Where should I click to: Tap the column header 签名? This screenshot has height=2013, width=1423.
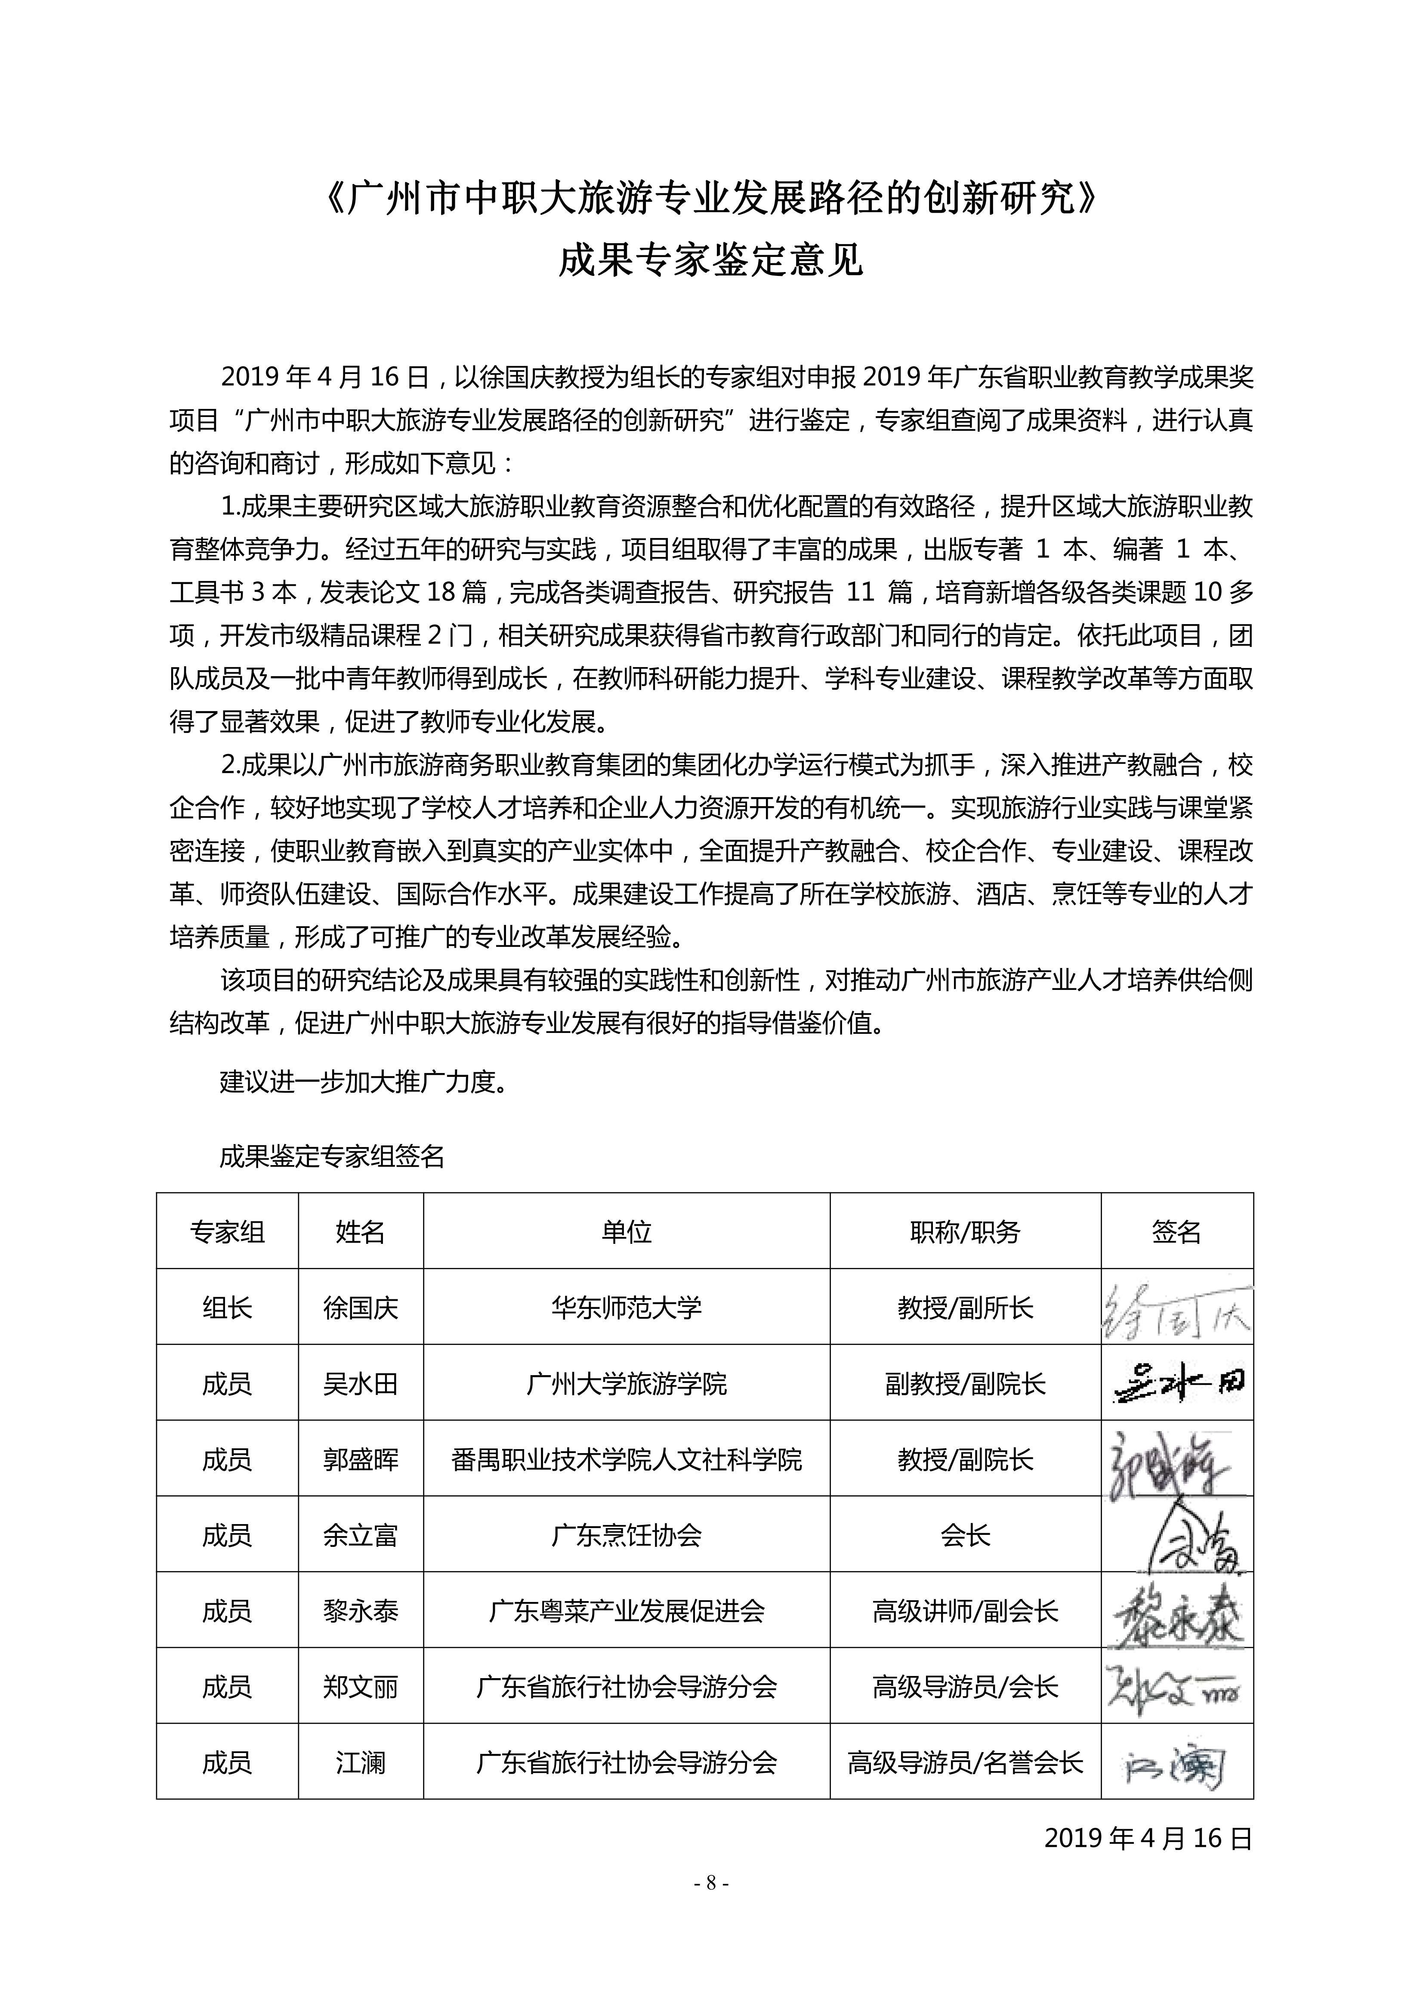[x=1176, y=1232]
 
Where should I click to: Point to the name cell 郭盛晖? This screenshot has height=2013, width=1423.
[x=360, y=1460]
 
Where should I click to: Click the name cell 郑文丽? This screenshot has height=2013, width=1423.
[x=360, y=1687]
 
